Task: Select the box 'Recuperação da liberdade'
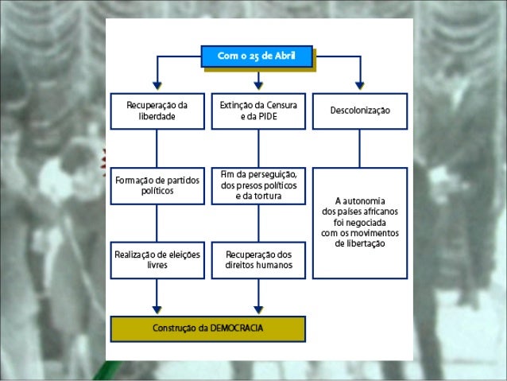pos(157,111)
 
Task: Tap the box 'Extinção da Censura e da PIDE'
pos(258,111)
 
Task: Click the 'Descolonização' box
pos(360,111)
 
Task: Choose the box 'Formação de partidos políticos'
pos(157,185)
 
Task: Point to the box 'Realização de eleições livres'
pos(157,259)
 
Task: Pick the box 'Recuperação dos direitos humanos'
pos(258,259)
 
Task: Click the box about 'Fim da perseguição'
pos(258,185)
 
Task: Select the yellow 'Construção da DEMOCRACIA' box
pos(207,328)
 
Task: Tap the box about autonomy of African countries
pos(360,222)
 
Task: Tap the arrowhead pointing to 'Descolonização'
pos(360,84)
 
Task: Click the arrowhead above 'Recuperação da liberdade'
pos(157,84)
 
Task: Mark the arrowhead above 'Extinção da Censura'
pos(258,84)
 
